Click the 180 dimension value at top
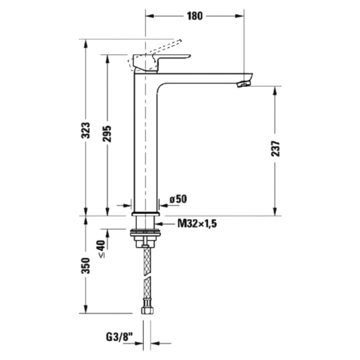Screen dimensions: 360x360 coord(195,16)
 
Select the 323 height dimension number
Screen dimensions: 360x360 coord(86,130)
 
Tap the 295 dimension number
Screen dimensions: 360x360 coord(107,134)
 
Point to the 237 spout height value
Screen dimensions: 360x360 coord(276,149)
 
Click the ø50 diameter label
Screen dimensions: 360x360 coord(178,199)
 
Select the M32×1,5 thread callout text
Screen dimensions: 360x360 coord(197,223)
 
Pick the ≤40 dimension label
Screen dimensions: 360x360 coord(102,249)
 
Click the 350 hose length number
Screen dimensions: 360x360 coord(86,266)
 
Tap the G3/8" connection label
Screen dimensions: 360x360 coord(120,337)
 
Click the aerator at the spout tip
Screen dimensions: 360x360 coord(244,84)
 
